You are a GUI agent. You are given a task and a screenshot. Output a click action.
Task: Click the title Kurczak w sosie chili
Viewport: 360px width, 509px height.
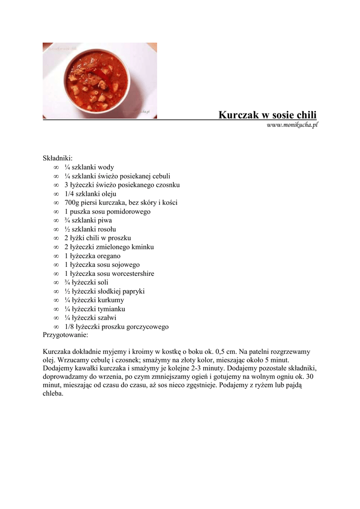268,115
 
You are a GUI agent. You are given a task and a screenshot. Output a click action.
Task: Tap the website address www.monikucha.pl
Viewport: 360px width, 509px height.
292,125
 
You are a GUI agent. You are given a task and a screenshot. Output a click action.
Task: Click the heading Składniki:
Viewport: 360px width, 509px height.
58,158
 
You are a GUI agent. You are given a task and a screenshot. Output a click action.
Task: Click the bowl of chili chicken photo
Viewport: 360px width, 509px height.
99,81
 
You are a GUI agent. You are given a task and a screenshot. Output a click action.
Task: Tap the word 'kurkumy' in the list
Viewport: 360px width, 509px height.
111,300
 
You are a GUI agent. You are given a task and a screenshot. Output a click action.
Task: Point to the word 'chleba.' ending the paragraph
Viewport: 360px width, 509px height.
53,394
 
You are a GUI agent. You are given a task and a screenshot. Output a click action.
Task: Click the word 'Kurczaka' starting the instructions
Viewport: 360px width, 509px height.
57,351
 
